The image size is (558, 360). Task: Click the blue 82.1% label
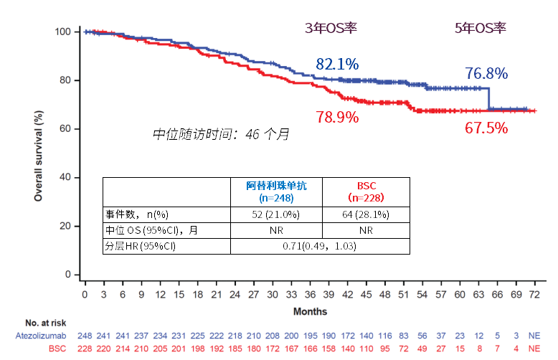pos(337,64)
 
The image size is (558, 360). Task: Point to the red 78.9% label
pos(337,117)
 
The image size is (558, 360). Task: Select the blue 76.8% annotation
pos(486,73)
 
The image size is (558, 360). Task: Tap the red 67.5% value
pos(486,128)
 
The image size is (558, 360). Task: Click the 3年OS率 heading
pos(331,28)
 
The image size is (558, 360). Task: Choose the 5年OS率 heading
pos(481,28)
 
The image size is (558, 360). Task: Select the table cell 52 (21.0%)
pos(276,214)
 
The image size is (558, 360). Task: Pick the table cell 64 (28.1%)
pos(366,214)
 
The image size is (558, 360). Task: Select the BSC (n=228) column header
pos(366,190)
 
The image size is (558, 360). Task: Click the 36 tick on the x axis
pos(310,295)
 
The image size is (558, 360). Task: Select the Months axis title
pos(310,312)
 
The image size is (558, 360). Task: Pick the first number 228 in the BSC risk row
pos(85,348)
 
